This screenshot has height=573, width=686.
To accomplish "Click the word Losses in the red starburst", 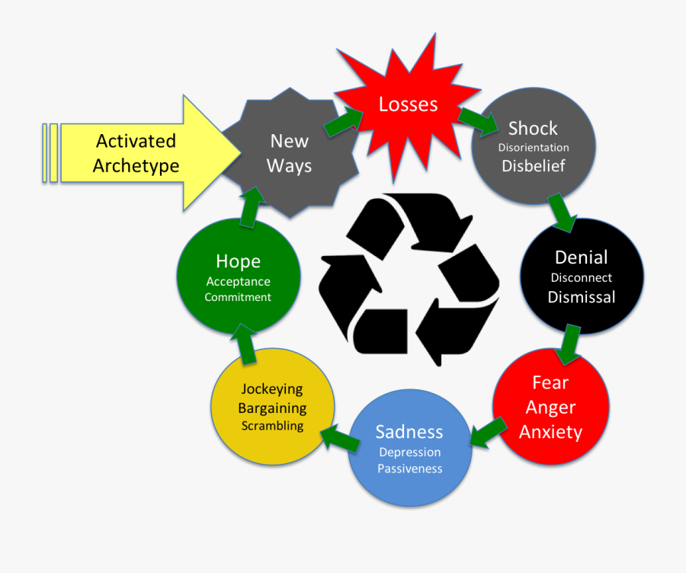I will (x=409, y=104).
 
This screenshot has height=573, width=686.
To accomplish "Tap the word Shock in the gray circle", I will (x=533, y=128).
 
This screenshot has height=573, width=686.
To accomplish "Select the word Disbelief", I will (x=534, y=165).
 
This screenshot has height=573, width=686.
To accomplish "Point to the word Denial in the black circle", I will (x=582, y=257).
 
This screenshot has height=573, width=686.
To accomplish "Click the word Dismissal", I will (x=582, y=296).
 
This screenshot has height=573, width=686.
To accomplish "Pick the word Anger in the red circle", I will (x=550, y=407).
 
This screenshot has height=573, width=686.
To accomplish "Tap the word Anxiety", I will (x=550, y=432).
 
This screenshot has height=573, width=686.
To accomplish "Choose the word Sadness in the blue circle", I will (x=409, y=431).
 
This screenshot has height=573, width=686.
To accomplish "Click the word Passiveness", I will (x=409, y=469).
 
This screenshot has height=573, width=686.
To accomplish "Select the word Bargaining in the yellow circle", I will (x=272, y=408).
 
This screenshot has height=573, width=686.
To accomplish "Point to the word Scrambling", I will (x=272, y=426).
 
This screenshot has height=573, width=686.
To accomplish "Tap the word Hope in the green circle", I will (x=238, y=261).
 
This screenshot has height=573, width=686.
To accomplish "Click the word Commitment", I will (x=238, y=297).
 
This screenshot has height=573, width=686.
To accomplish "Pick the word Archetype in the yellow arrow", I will (x=136, y=165).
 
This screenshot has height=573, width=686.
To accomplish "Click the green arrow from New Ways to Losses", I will (x=342, y=122).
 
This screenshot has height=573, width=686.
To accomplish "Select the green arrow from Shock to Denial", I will (x=563, y=212).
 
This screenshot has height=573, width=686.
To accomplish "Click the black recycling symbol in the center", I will (x=409, y=278).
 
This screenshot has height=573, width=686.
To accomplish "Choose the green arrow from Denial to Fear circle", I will (x=568, y=344).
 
